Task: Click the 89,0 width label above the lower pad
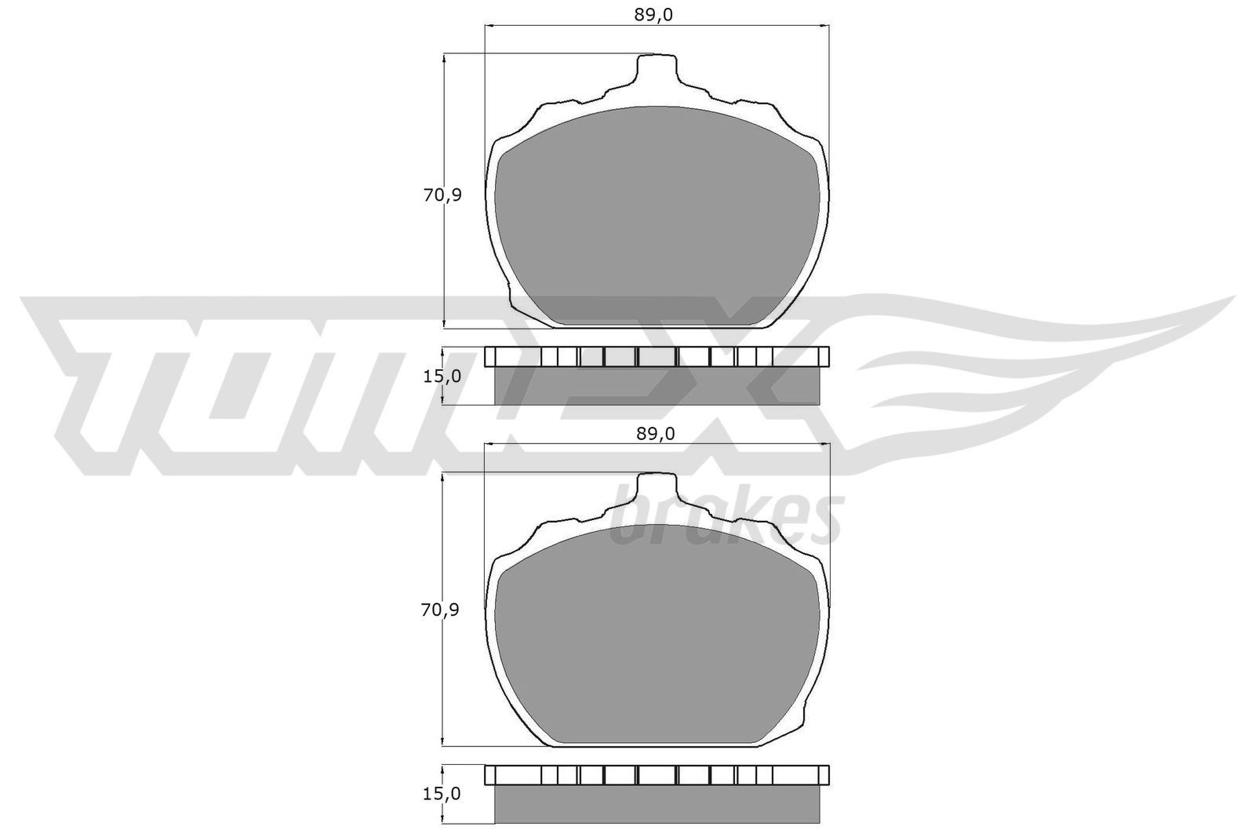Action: (657, 434)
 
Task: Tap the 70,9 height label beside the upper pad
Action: (442, 196)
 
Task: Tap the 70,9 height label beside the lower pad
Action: (442, 609)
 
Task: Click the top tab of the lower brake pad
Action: (656, 488)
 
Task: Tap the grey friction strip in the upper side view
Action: (657, 386)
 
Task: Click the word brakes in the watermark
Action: (726, 518)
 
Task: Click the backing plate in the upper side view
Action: (657, 357)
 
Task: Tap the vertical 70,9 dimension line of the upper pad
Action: (445, 259)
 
